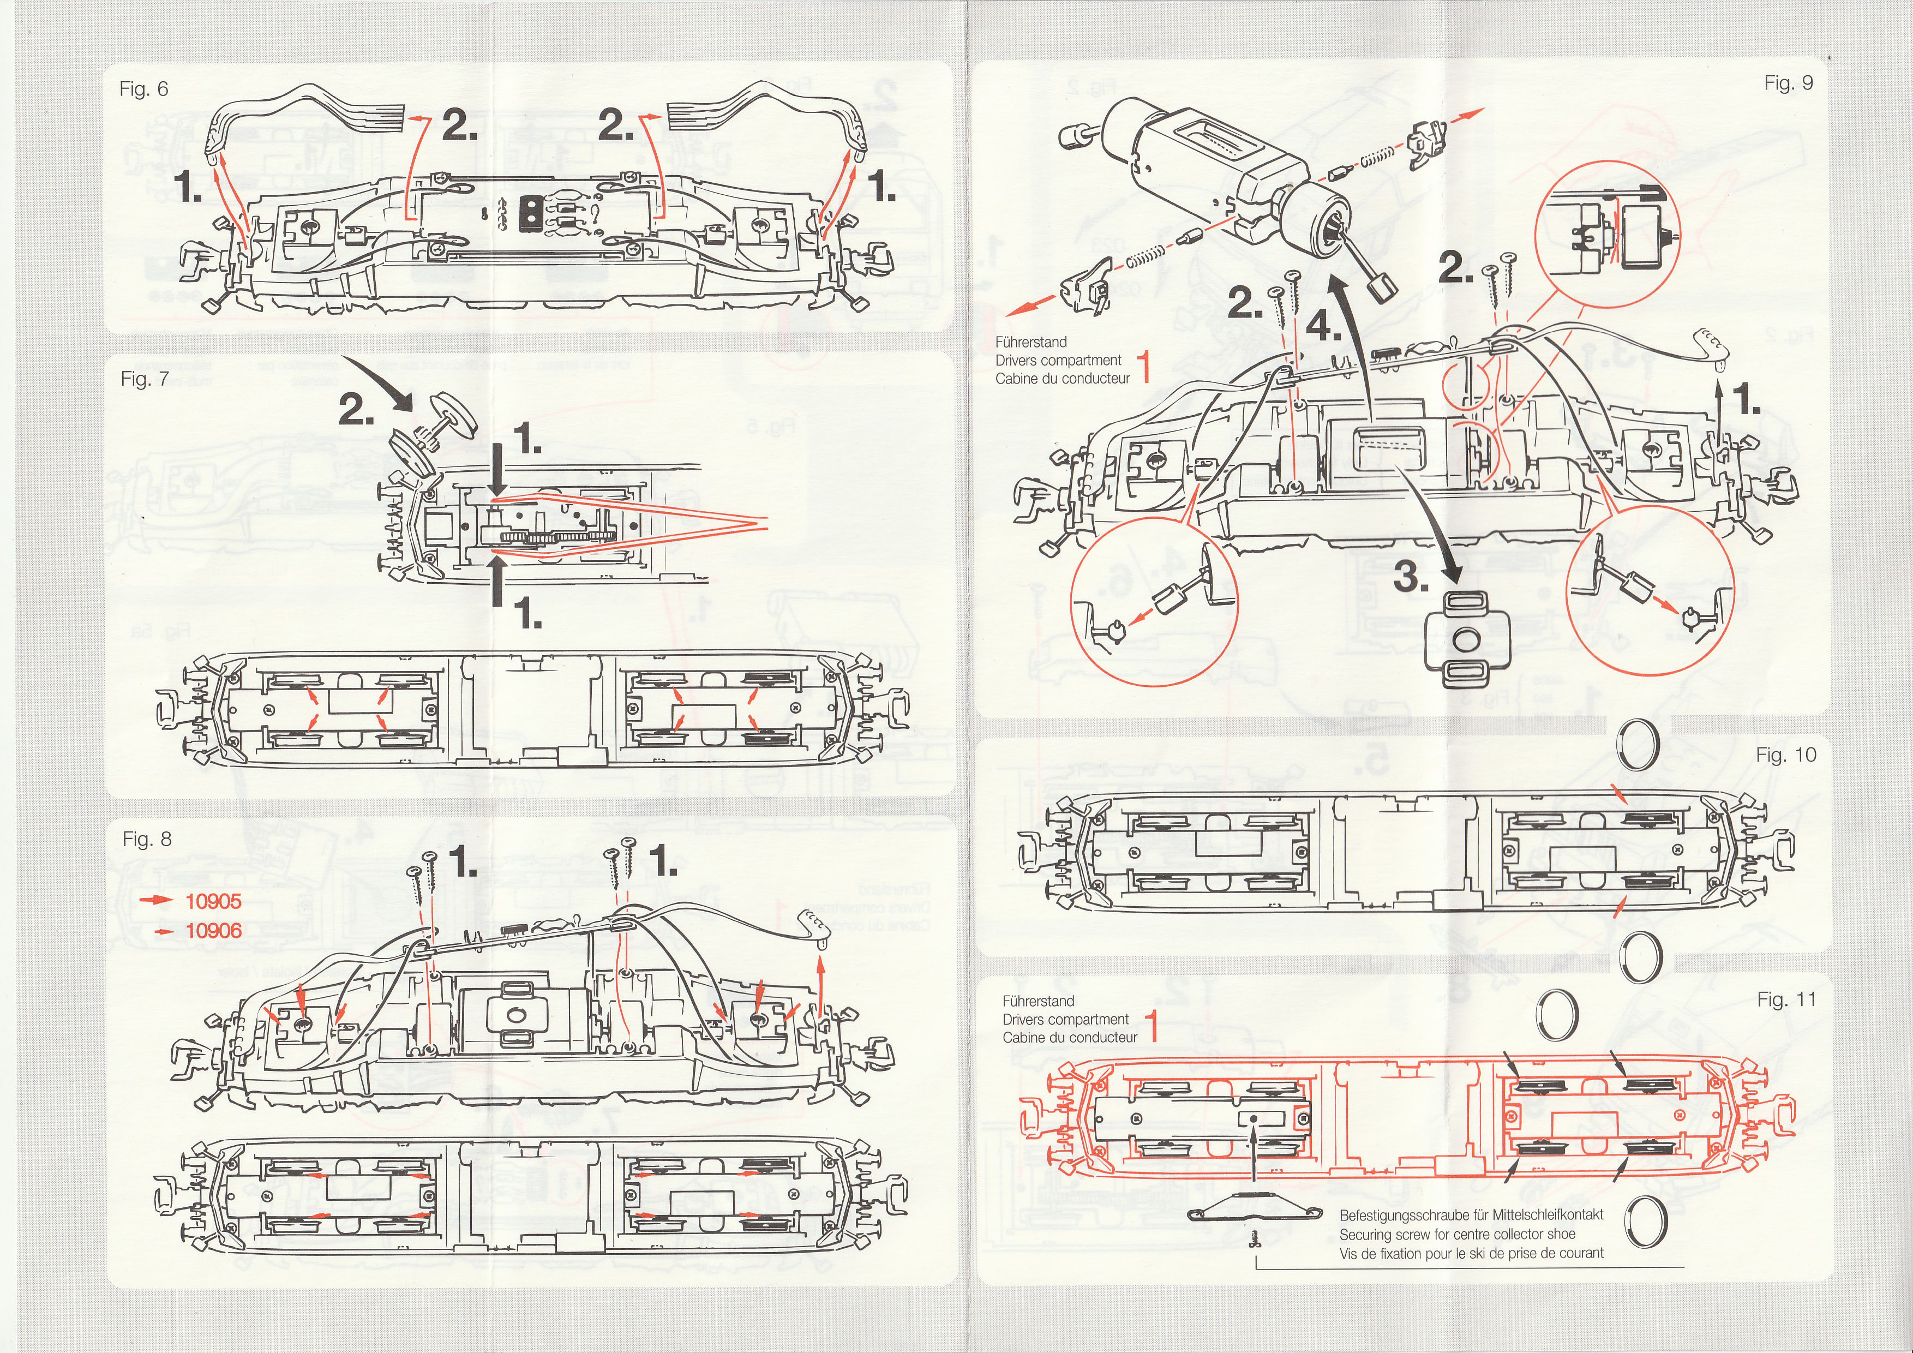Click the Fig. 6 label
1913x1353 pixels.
[144, 89]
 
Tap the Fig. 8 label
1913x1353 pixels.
[147, 839]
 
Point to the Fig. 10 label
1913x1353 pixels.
[1785, 755]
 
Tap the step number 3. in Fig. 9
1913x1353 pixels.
[1411, 576]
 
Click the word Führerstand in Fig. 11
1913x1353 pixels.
[1038, 1002]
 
